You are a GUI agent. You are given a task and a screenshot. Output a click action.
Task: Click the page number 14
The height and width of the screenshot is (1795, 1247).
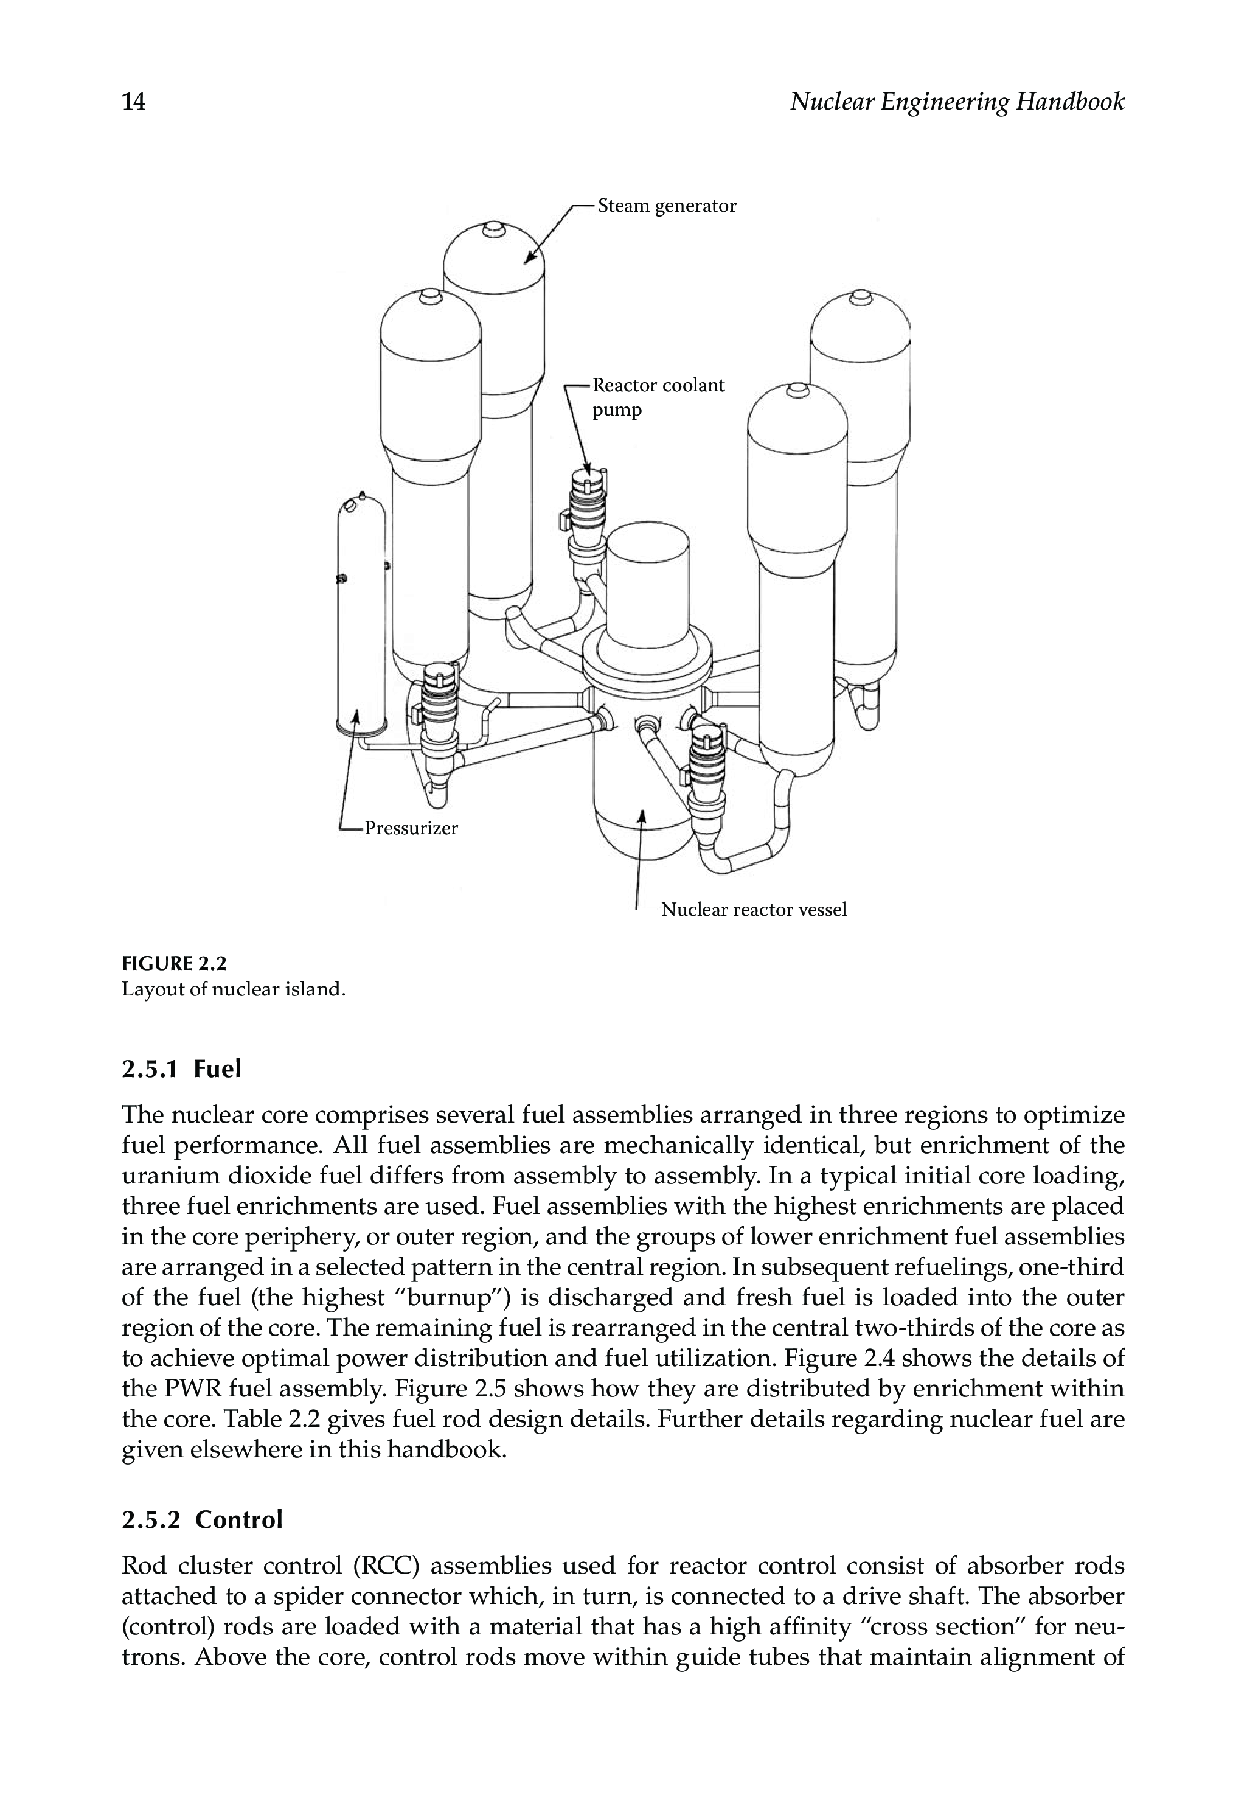(x=134, y=102)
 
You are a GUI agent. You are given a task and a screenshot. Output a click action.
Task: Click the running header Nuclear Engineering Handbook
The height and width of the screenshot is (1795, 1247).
(x=957, y=102)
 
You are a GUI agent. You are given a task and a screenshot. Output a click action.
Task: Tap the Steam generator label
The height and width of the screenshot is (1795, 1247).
(x=667, y=206)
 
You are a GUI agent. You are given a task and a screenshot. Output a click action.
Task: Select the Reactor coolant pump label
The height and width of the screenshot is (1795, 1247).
(x=658, y=397)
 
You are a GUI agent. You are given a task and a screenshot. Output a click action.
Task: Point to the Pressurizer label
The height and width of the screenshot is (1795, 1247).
(x=411, y=828)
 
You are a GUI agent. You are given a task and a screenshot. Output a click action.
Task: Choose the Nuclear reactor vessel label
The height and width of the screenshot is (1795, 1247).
(x=753, y=910)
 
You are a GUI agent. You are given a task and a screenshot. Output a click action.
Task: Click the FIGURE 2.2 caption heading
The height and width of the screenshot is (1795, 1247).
(x=173, y=963)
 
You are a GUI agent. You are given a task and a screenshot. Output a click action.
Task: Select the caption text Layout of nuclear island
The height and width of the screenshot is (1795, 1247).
(x=233, y=989)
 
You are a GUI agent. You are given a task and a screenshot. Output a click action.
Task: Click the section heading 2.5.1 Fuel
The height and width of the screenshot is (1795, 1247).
(x=181, y=1068)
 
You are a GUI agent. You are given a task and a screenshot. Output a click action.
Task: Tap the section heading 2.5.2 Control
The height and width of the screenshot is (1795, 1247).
(x=201, y=1519)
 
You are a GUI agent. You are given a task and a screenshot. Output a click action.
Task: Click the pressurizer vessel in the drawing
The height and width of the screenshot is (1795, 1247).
(x=361, y=618)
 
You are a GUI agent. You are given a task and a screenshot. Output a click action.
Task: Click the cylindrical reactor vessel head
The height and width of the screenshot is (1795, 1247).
(x=648, y=586)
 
